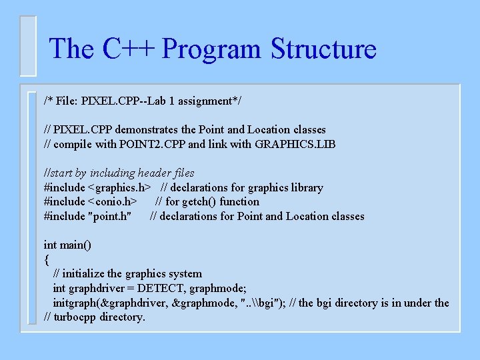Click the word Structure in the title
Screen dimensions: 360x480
323,49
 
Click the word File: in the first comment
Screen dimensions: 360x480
66,101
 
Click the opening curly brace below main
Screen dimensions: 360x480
46,259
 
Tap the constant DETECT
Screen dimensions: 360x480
163,288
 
